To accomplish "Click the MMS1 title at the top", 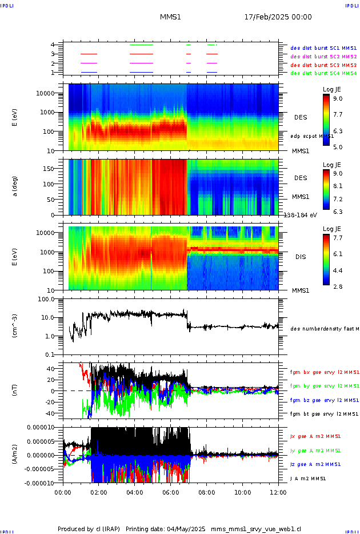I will (170, 17).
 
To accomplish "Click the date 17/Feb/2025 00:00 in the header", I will (278, 17).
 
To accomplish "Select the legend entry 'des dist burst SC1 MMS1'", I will (323, 48).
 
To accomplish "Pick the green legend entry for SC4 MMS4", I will (323, 73).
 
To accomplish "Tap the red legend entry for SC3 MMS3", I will (323, 65).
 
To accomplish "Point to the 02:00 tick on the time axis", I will (99, 491).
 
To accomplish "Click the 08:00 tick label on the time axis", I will (206, 491).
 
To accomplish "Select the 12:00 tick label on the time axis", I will (278, 491).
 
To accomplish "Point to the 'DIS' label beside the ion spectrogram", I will (300, 257).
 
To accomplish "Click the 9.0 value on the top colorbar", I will (338, 98).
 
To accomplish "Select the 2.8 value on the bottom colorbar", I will (338, 286).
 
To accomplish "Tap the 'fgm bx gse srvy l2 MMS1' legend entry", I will (324, 372).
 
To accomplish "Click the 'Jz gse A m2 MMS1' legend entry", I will (324, 464).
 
